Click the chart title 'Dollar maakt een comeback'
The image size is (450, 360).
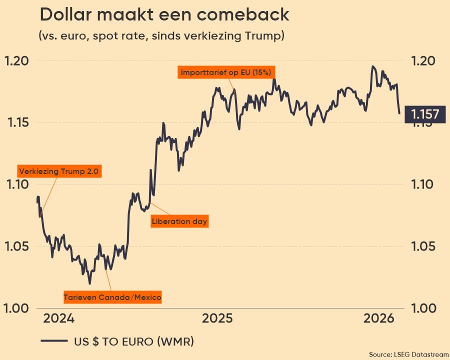click(164, 15)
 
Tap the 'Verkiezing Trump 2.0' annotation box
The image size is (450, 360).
click(59, 171)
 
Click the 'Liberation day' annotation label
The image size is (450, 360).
click(179, 221)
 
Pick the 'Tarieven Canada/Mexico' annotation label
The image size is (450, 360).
click(112, 297)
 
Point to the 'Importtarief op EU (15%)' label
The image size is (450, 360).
click(226, 72)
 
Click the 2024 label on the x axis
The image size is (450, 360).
click(58, 318)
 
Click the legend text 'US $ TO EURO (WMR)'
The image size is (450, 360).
click(134, 342)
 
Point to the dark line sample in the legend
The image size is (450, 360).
click(54, 342)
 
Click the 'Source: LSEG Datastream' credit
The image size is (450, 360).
click(409, 354)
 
